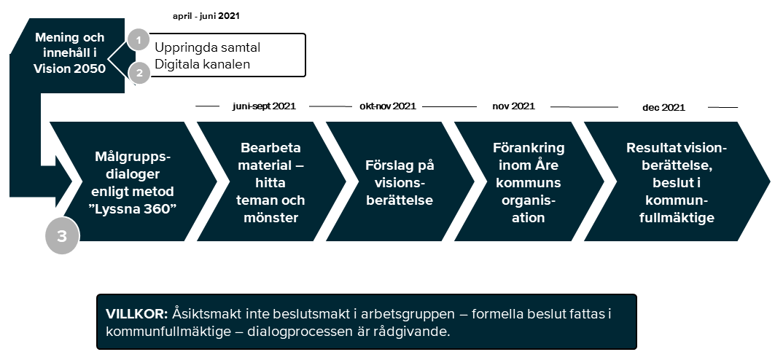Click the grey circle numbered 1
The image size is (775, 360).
139,40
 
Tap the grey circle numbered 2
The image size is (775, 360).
139,73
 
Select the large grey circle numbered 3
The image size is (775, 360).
62,236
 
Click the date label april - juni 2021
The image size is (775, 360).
206,16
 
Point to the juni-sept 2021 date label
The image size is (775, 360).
264,106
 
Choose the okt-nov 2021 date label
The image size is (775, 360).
388,106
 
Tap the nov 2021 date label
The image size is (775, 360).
513,106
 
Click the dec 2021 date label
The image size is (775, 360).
663,107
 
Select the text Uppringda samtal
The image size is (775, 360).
208,47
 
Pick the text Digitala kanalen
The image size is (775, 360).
202,63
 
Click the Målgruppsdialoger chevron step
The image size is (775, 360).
133,181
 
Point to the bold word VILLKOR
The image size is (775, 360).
137,314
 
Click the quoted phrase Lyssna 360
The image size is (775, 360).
133,208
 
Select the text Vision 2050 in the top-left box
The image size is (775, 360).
70,69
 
